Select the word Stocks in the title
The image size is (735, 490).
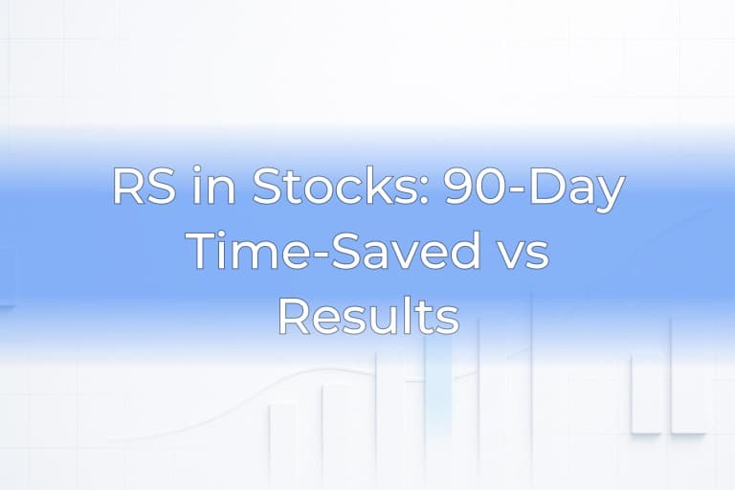pyautogui.click(x=325, y=188)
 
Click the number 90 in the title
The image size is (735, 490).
pyautogui.click(x=470, y=188)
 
